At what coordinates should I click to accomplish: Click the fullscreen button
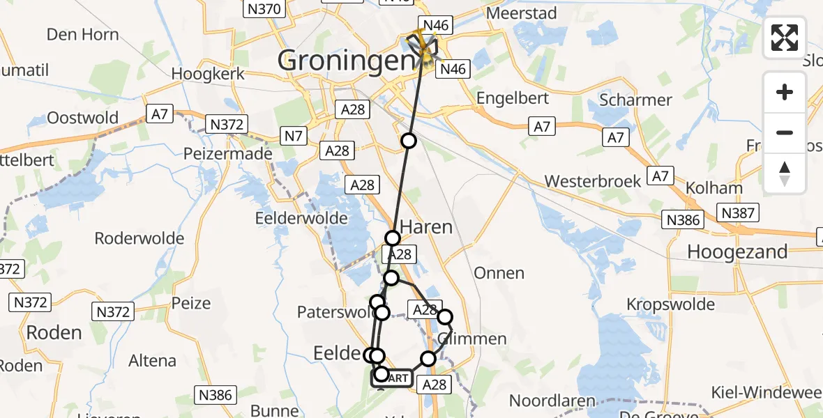[785, 38]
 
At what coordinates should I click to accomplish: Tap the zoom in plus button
[785, 93]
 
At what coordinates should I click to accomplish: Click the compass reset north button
[785, 173]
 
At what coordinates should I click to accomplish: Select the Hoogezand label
[737, 251]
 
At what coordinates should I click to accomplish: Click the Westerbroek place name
[593, 181]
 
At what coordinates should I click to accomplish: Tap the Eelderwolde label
[301, 218]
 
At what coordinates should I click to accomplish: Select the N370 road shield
[264, 8]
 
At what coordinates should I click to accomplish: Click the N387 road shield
[738, 212]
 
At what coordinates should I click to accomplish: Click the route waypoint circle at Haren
[393, 238]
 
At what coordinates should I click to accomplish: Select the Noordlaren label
[552, 401]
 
